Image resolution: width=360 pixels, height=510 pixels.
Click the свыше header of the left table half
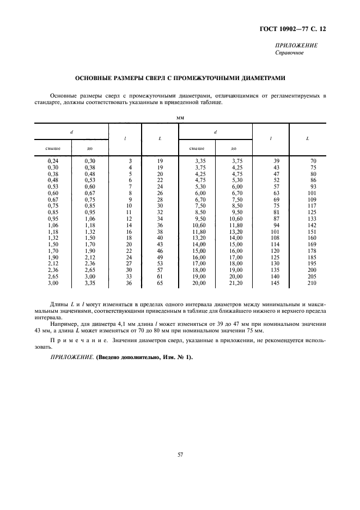pos(53,148)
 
